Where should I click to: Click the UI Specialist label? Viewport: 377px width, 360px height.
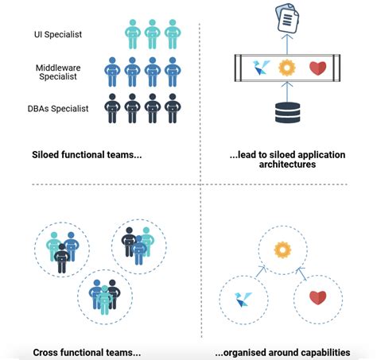[58, 34]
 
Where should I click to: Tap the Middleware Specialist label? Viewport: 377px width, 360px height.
[58, 72]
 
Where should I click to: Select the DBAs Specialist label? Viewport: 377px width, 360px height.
[58, 109]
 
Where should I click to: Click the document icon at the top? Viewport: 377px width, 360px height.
[287, 17]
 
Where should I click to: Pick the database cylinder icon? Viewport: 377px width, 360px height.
[287, 113]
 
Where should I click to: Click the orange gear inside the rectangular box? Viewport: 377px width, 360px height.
[287, 68]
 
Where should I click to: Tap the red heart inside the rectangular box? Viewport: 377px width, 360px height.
[317, 68]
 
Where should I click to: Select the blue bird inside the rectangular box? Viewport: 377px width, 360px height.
[261, 68]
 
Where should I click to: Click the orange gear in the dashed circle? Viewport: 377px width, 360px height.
[282, 250]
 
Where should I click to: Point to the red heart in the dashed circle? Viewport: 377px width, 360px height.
[317, 297]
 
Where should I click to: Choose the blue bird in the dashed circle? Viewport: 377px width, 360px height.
[243, 300]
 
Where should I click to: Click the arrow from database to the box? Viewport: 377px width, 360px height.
[287, 92]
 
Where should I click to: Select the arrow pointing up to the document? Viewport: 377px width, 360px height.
[287, 44]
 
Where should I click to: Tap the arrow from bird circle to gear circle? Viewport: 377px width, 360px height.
[261, 272]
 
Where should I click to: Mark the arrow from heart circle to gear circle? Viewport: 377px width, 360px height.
[301, 273]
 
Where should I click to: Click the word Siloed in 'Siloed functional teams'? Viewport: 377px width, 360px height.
[45, 155]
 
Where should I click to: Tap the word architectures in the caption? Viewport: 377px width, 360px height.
[287, 165]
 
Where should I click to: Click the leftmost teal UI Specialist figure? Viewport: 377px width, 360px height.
[133, 34]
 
